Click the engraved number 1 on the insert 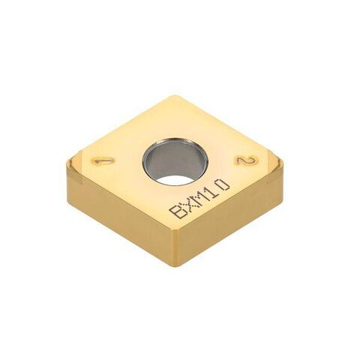(x=103, y=161)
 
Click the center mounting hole (x=175, y=161)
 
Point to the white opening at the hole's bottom (x=175, y=179)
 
